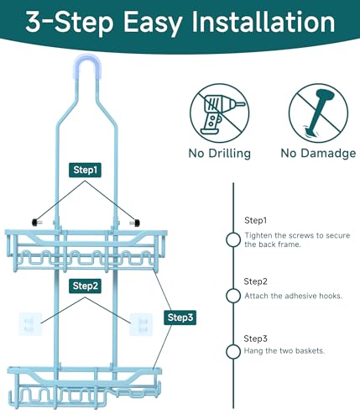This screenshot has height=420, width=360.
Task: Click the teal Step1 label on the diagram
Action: click(85, 170)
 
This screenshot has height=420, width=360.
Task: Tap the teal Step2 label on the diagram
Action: click(85, 286)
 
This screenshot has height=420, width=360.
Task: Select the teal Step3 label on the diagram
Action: click(180, 318)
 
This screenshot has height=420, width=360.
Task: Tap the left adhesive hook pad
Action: click(30, 324)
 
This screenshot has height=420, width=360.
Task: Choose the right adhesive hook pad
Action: click(141, 324)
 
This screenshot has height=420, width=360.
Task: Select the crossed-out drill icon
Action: click(219, 113)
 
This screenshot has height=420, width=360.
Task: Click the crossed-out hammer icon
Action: click(318, 113)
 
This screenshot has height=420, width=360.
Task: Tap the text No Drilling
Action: click(220, 154)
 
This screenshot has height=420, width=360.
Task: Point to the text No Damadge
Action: click(318, 154)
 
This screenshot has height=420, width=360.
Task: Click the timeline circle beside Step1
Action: click(233, 239)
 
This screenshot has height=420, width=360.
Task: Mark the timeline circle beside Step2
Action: click(233, 296)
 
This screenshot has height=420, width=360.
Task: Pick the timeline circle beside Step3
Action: click(233, 351)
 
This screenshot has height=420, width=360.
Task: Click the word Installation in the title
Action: click(263, 22)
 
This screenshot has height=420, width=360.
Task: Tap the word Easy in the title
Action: click(153, 23)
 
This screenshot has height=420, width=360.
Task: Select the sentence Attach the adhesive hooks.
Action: click(294, 296)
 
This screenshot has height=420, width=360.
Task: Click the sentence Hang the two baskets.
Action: click(284, 351)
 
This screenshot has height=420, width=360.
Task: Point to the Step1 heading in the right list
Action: click(256, 221)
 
